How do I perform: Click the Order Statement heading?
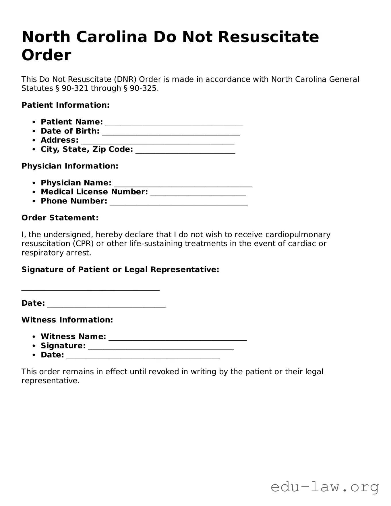(60, 218)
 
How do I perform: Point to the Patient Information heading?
(65, 105)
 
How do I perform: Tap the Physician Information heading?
(70, 166)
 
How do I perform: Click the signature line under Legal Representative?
(90, 288)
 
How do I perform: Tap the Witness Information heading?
(67, 320)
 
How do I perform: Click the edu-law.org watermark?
(325, 487)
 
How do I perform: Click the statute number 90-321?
(75, 88)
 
